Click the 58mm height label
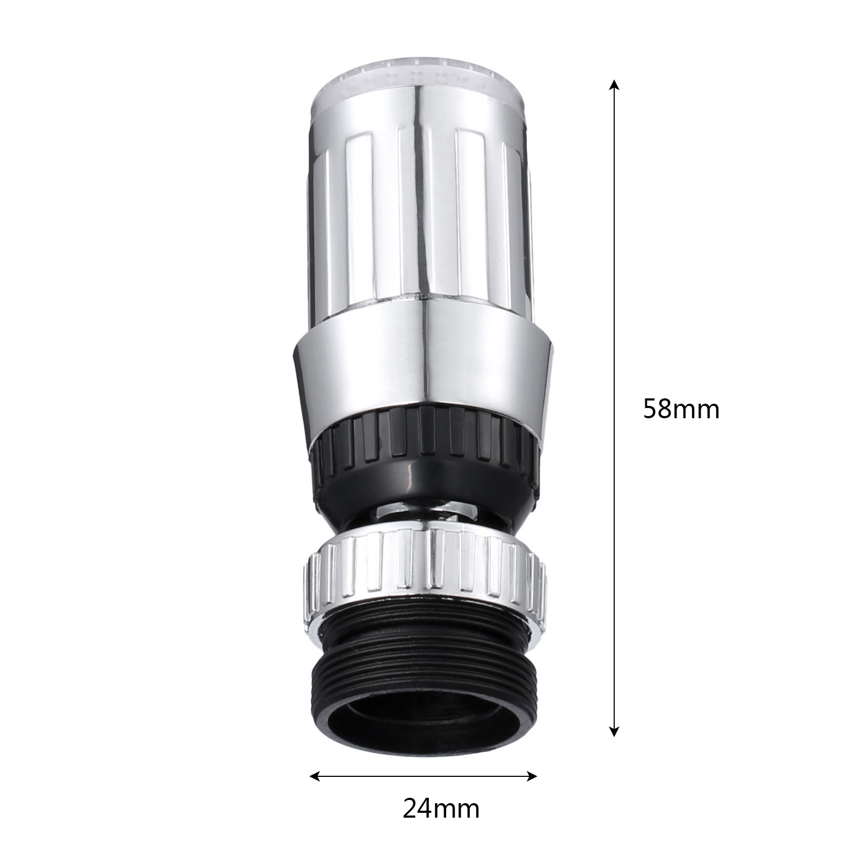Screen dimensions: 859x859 tap(681, 410)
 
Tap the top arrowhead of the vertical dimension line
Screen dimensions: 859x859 tap(615, 86)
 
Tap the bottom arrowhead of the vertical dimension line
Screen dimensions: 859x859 tap(615, 731)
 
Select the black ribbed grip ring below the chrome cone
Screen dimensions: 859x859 tap(424, 451)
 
